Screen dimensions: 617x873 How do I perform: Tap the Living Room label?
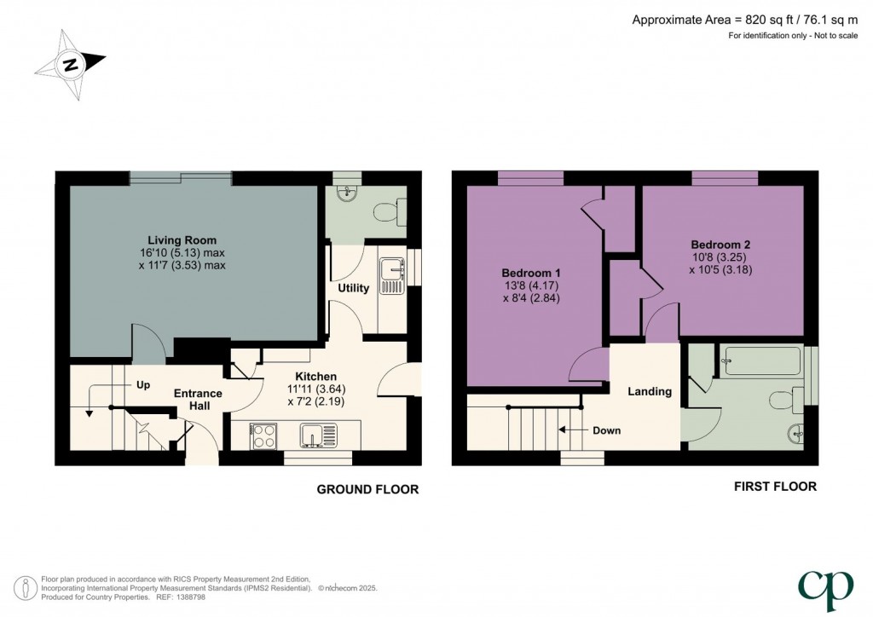(182, 239)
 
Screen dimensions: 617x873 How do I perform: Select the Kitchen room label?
(315, 376)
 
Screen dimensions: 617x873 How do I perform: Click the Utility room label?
(353, 288)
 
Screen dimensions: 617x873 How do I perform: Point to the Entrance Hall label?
(198, 400)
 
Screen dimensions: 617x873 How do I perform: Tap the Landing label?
(650, 391)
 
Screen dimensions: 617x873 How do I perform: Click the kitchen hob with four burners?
(263, 435)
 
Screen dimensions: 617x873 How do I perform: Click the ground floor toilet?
(395, 210)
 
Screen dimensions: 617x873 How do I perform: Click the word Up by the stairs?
(143, 384)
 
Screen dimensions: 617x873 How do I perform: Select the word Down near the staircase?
(606, 430)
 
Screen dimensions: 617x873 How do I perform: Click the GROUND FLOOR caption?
(367, 489)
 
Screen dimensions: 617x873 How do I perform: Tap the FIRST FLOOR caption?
(775, 487)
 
